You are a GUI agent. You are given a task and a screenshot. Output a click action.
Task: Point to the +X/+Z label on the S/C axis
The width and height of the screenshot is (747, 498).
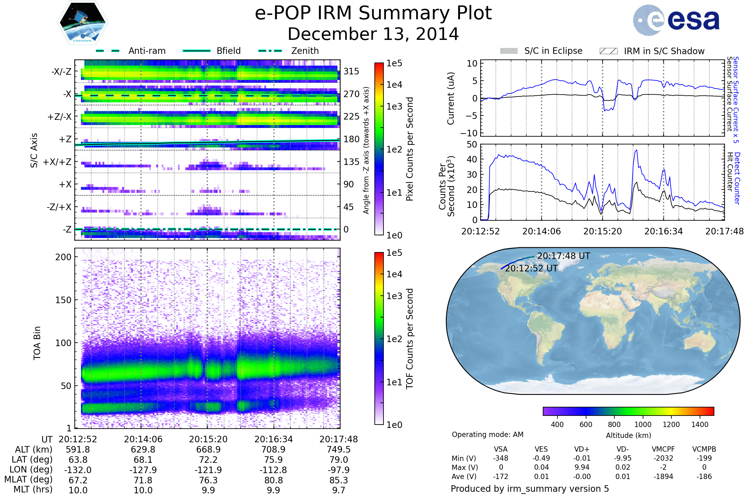coord(57,162)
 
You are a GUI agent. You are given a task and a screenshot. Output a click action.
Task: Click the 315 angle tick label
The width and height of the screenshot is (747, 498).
coord(351,71)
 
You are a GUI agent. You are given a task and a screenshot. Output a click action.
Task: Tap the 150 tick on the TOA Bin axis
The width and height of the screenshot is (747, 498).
coord(63,300)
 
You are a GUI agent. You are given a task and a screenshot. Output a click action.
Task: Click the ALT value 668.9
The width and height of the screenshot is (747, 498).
coord(208,450)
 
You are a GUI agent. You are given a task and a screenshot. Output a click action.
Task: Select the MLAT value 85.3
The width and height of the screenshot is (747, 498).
coord(339,480)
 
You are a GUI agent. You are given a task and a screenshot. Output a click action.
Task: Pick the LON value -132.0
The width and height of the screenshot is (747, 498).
coord(78,470)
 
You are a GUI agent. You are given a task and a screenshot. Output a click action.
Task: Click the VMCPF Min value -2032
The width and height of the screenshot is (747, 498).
coord(663,458)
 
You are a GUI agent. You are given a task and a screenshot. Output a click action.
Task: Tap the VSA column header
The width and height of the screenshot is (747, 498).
coord(500,449)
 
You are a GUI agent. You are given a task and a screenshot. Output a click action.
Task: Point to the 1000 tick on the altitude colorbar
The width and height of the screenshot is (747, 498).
coord(642,425)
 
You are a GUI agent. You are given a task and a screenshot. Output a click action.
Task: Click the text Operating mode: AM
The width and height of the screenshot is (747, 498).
coord(487,435)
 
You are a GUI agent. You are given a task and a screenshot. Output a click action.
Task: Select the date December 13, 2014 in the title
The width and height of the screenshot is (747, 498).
coord(373,34)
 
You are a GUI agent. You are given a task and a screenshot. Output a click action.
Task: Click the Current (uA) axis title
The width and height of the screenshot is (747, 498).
coord(451,98)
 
